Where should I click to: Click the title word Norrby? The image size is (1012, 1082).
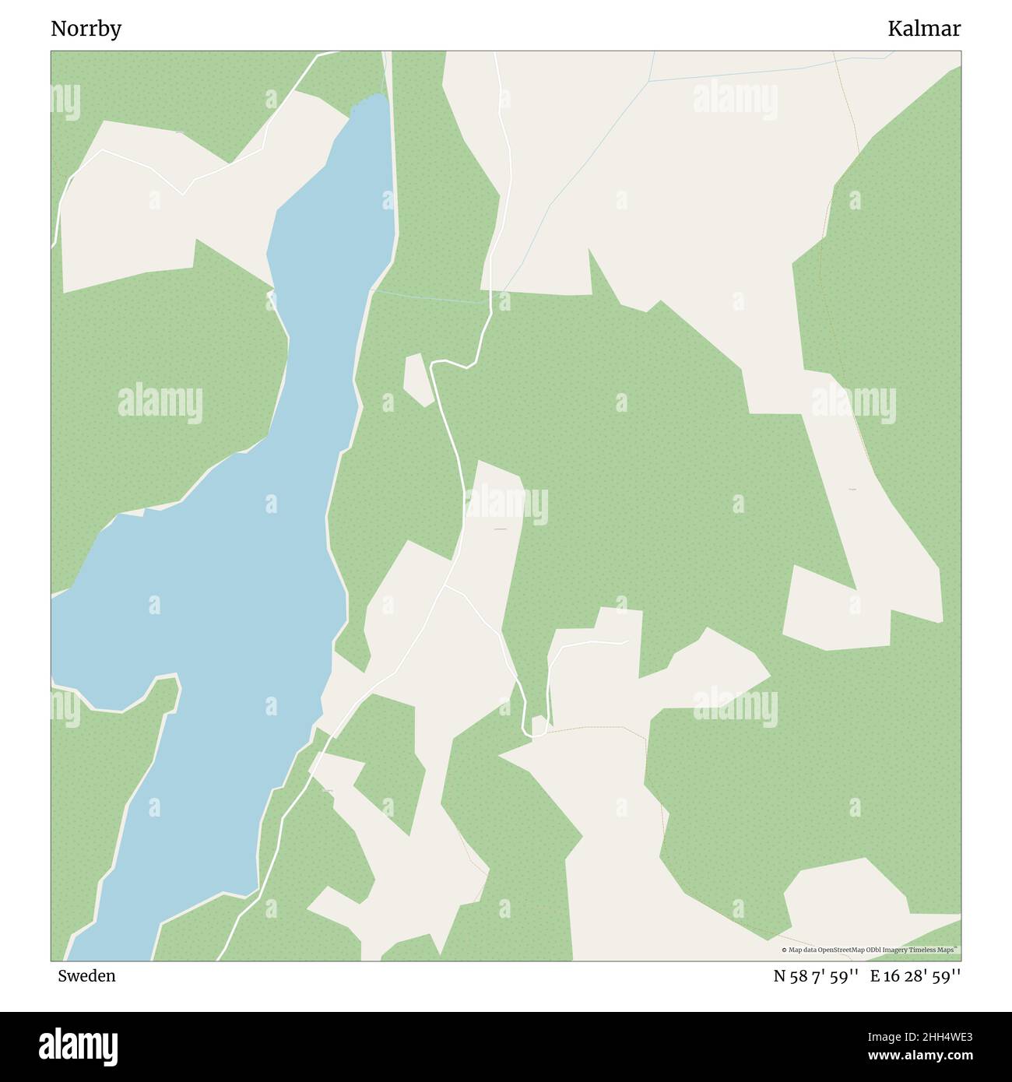coord(86,29)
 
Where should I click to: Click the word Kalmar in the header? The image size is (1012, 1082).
coord(924,29)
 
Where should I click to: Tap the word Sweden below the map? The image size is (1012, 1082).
coord(86,975)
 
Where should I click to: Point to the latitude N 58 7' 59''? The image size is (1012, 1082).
coord(816,975)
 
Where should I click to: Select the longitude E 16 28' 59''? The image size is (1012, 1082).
coord(915,975)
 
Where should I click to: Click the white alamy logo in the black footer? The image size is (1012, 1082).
coord(78,1047)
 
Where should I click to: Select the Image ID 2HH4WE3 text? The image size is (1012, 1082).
coord(934,1036)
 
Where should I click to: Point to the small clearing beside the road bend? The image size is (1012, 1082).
coord(417,380)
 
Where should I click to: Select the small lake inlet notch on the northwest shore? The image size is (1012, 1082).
coord(145,512)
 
